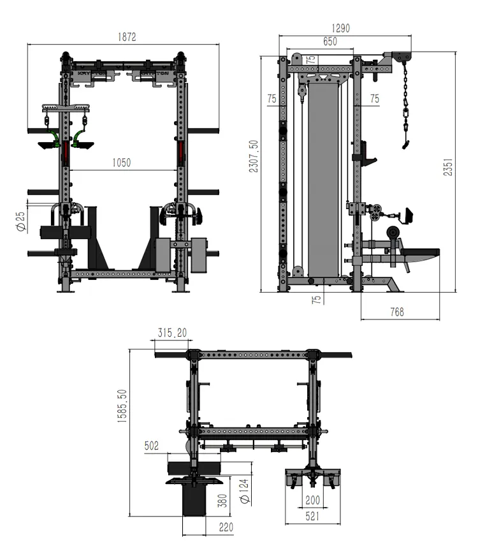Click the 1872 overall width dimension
pyautogui.click(x=127, y=38)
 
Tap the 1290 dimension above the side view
pyautogui.click(x=340, y=28)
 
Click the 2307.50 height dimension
pyautogui.click(x=254, y=156)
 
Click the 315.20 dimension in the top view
pyautogui.click(x=172, y=332)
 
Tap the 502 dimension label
pyautogui.click(x=151, y=446)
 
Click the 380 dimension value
pyautogui.click(x=222, y=500)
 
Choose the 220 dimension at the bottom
pyautogui.click(x=226, y=527)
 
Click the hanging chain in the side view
pyautogui.click(x=404, y=105)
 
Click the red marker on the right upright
pyautogui.click(x=182, y=150)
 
